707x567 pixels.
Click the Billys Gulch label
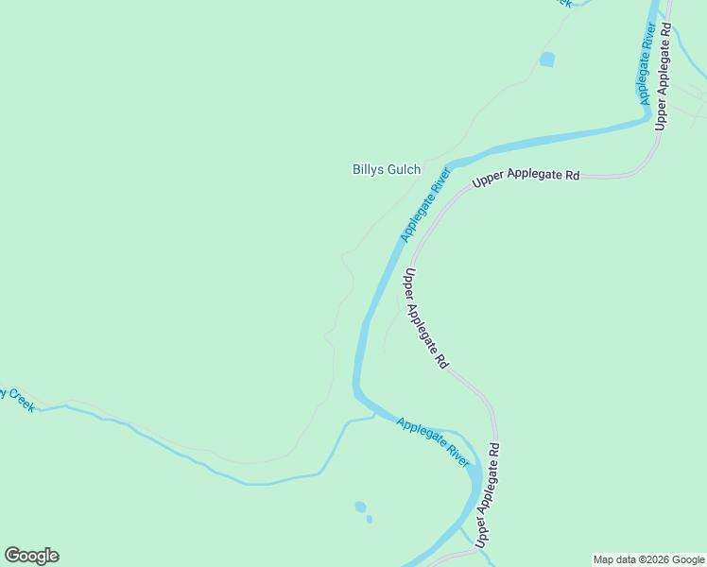pos(387,170)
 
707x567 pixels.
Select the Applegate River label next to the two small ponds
pos(433,441)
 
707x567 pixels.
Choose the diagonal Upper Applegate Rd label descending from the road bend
pos(426,318)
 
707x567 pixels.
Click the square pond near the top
pos(546,60)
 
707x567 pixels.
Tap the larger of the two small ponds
pos(360,507)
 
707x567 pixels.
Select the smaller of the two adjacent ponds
pos(369,518)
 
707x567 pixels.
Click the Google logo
pos(31,556)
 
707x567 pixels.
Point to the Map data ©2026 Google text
pos(648,559)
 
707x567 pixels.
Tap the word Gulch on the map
pos(404,170)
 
